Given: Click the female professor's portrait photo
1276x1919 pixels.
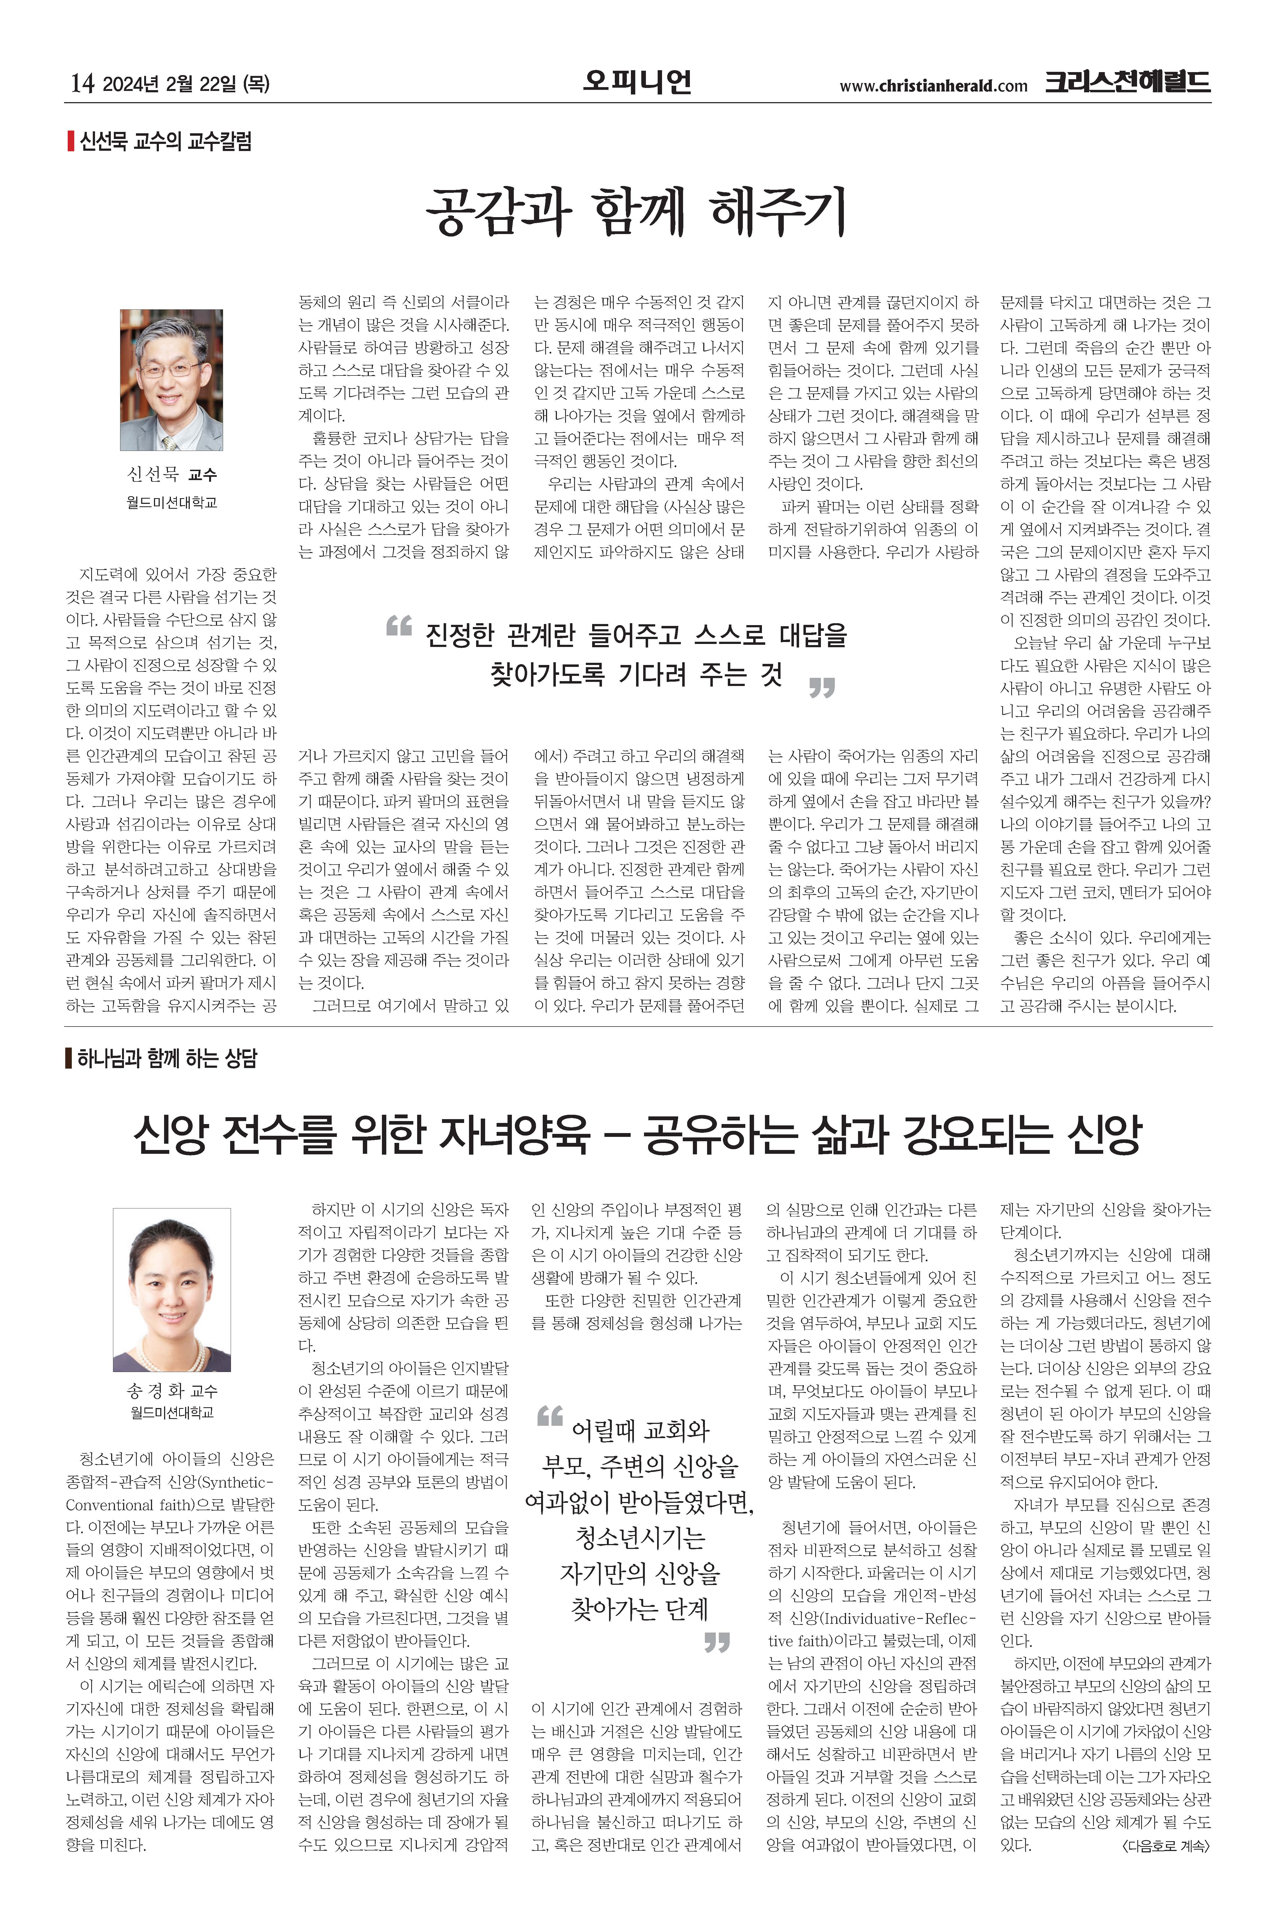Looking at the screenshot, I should point(172,1290).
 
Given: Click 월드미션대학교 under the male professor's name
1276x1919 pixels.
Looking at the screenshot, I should point(172,502).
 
